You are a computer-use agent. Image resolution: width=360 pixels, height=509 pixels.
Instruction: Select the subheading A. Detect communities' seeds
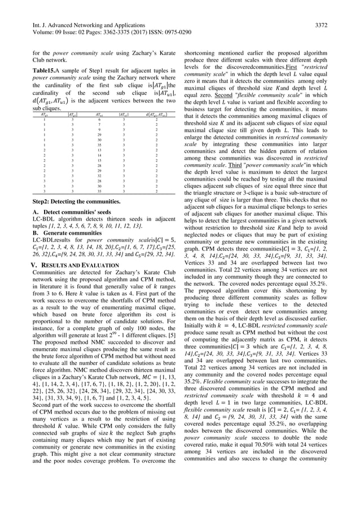point(62,211)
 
